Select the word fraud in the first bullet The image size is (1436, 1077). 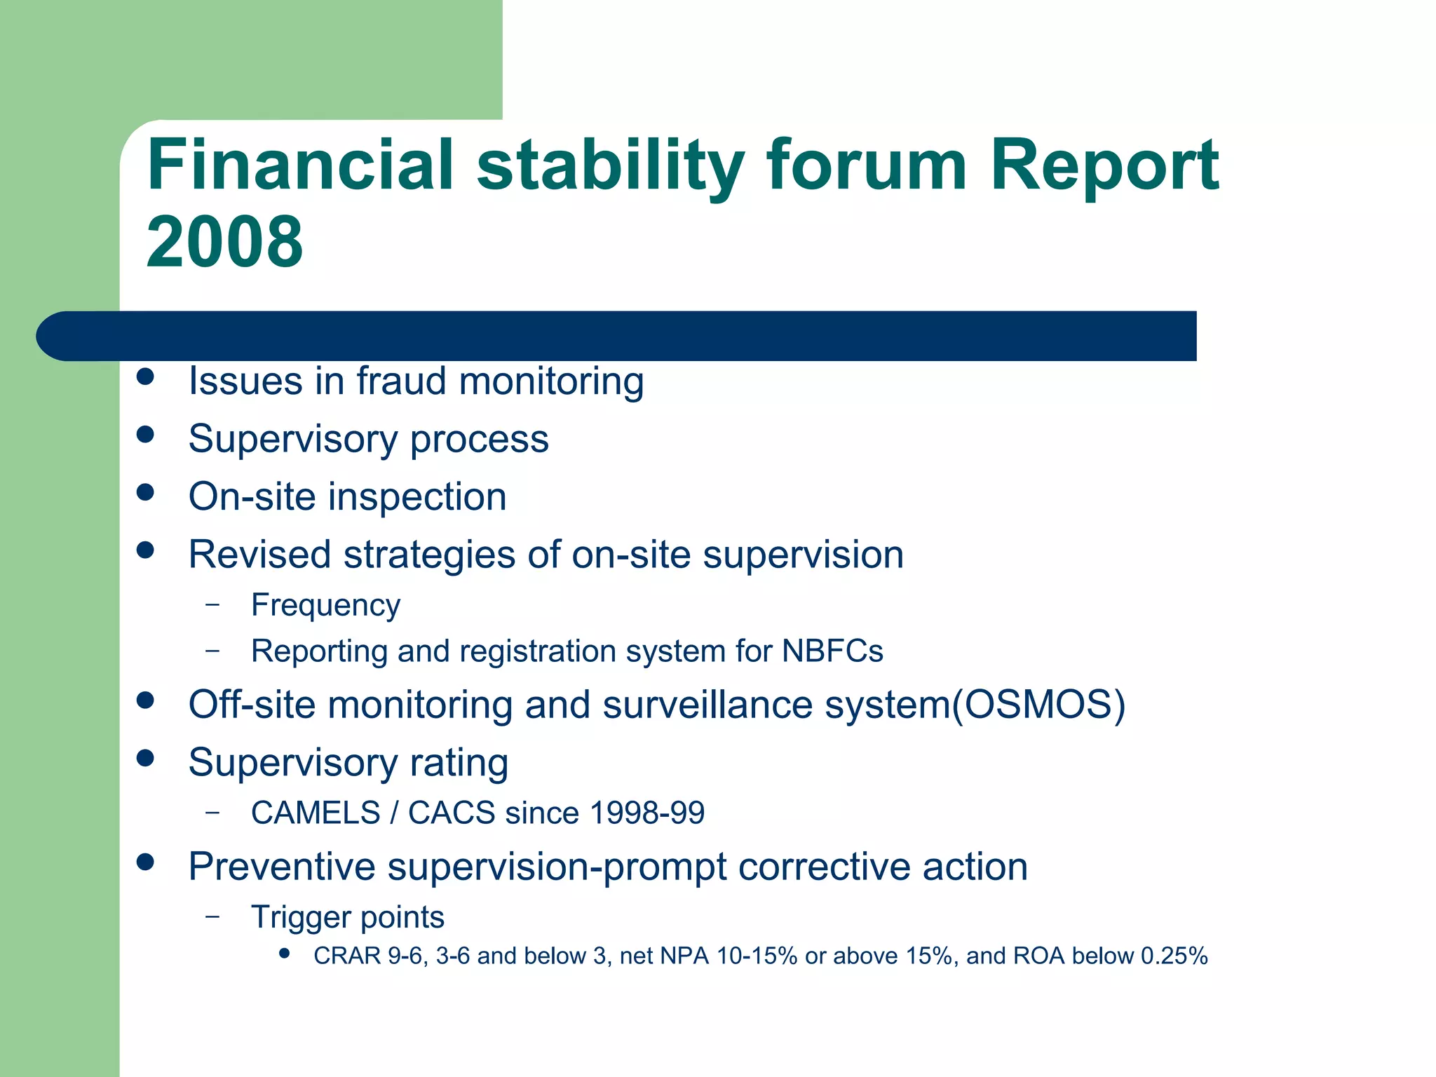point(401,381)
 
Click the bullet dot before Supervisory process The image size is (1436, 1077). point(145,435)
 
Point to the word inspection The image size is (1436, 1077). point(417,497)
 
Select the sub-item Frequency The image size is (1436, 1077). point(325,606)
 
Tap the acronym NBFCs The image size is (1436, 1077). point(832,651)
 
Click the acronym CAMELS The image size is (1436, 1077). point(316,813)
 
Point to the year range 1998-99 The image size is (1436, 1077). point(646,813)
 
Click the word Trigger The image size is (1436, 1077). point(300,918)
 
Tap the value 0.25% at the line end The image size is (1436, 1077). point(1174,956)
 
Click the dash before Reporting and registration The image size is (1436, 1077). point(213,651)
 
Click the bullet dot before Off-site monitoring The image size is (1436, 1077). point(145,700)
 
